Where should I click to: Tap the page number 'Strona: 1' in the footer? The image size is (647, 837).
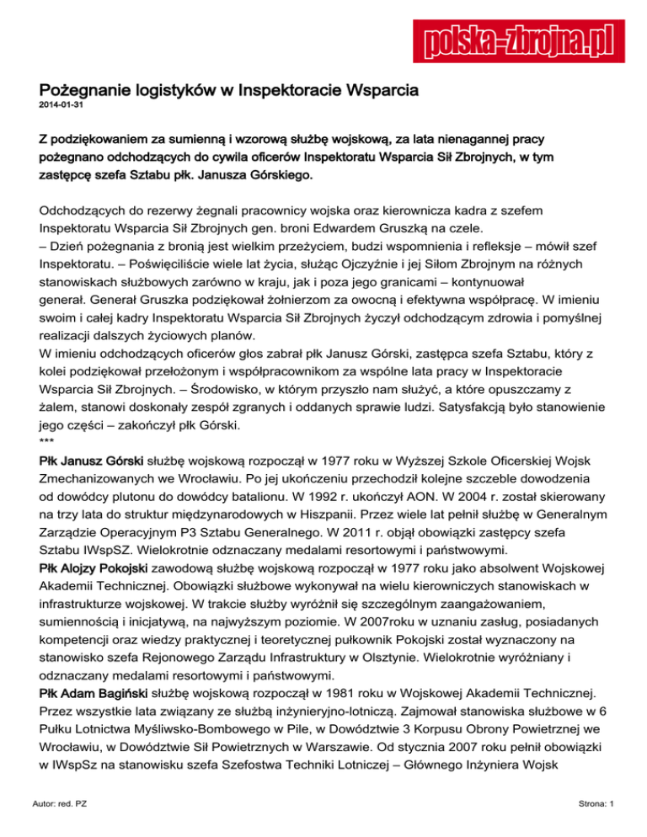click(591, 804)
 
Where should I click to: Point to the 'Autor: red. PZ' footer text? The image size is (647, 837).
click(65, 804)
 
